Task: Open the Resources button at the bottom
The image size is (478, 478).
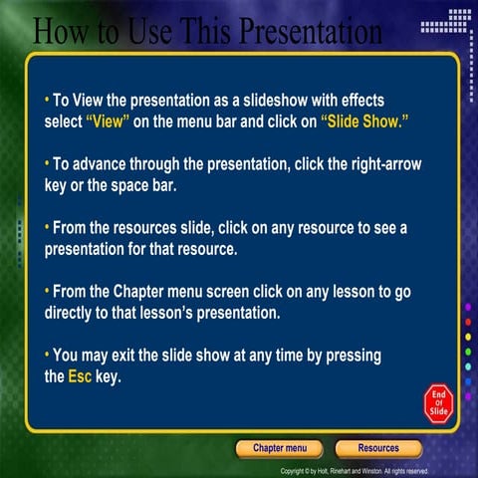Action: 378,448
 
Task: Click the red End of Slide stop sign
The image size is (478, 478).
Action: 438,401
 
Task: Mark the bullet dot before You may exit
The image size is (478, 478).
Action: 47,356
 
